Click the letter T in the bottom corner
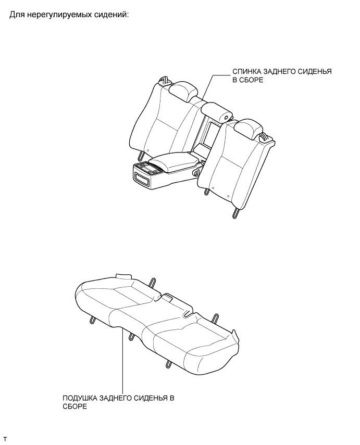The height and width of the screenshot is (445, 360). (5, 439)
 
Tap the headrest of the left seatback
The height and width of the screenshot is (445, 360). (180, 91)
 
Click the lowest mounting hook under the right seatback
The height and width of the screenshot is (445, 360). (237, 211)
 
